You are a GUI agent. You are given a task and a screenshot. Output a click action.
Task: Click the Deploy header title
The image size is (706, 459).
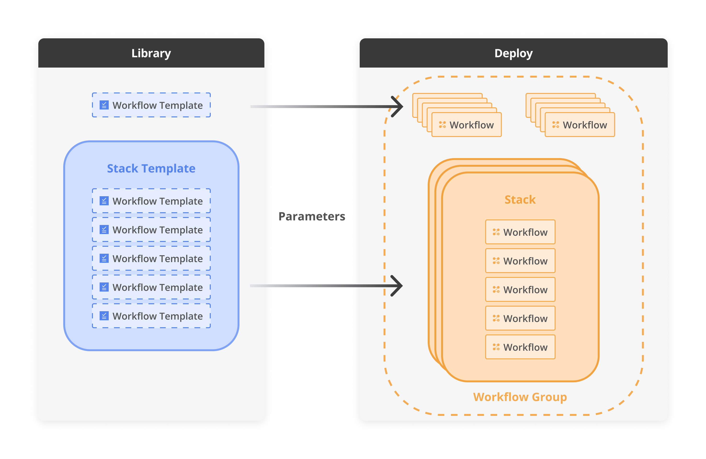coord(513,53)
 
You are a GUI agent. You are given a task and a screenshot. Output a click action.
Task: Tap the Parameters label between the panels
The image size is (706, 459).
coord(312,216)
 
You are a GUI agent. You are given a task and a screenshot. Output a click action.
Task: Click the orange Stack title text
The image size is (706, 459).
coord(520,200)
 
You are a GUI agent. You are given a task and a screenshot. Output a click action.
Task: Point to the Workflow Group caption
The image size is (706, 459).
coord(520,397)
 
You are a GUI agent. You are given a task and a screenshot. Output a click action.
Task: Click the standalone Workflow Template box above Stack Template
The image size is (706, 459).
coord(151,105)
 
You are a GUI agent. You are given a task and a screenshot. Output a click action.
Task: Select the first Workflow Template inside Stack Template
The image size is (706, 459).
coord(151,201)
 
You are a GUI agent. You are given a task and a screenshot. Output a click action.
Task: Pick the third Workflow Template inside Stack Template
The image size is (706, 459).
coord(151,258)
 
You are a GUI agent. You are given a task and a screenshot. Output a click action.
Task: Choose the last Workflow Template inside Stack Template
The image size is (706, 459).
coord(151,316)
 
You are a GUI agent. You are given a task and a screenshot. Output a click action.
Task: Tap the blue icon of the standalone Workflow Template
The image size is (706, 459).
coord(104,105)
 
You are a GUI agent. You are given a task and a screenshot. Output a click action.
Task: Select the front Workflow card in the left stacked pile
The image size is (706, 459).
coord(466,125)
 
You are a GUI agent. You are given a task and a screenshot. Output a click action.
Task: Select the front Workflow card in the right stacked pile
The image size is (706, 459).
coord(580,125)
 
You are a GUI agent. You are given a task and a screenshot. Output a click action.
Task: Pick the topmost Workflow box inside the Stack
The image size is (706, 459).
coord(520,232)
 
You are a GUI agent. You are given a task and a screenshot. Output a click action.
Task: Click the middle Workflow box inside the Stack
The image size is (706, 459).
coord(520,290)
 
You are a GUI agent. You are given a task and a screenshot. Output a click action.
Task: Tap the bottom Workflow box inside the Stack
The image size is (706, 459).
coord(520,347)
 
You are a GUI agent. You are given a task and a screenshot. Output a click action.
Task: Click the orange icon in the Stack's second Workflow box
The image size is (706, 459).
coord(496,261)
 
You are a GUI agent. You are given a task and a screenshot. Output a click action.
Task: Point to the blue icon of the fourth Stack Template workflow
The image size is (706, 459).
coord(104,287)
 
